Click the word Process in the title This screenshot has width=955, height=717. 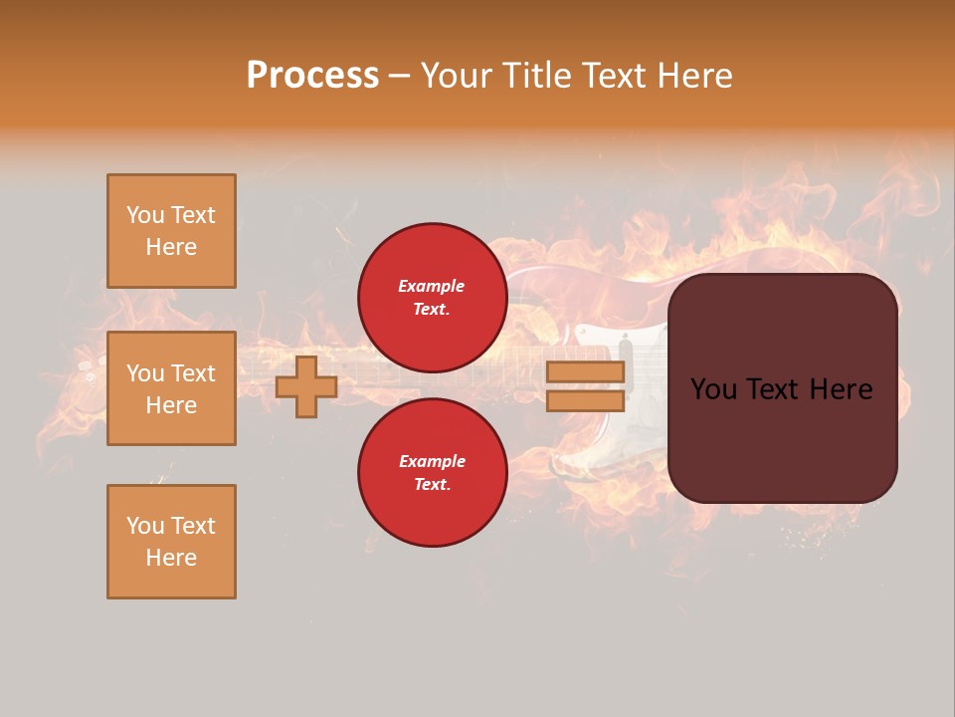[x=312, y=76]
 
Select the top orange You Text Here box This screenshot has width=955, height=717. [x=171, y=231]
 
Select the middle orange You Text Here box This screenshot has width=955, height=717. [x=171, y=388]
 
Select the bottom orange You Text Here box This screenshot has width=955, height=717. [x=171, y=542]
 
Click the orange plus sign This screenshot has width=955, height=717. [x=306, y=387]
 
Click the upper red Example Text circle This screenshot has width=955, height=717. [x=433, y=298]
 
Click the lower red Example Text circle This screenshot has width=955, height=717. [x=433, y=473]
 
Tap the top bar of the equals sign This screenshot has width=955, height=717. [x=586, y=372]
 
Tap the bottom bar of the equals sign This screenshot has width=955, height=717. [x=586, y=400]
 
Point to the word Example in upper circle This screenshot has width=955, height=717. [x=432, y=287]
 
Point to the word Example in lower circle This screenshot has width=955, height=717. [x=432, y=462]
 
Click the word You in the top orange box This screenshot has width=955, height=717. [x=144, y=215]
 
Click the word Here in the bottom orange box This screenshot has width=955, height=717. [x=171, y=558]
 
